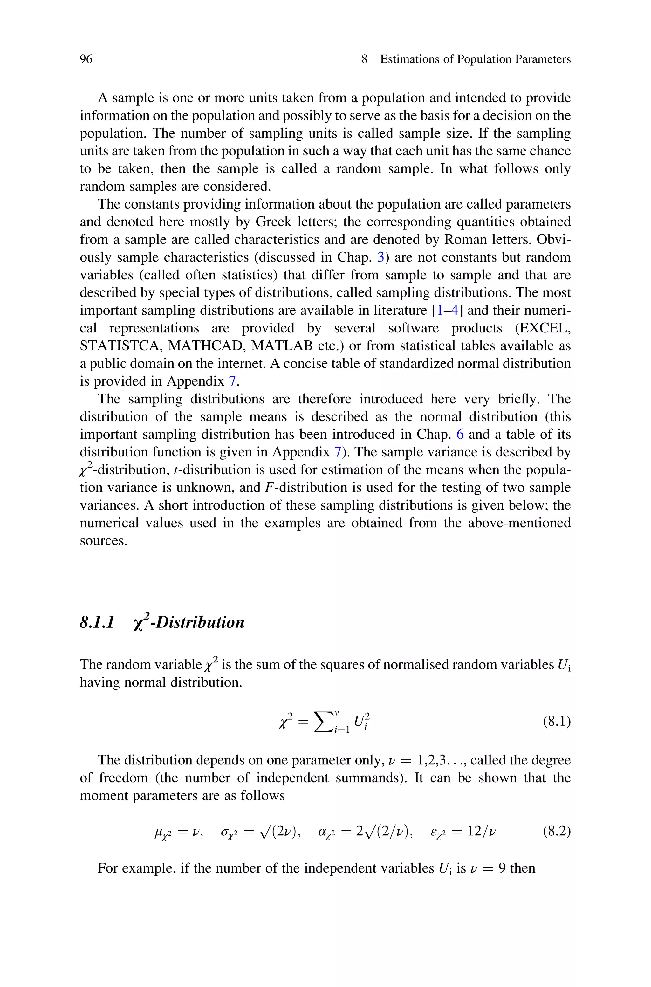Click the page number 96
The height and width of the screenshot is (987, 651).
86,59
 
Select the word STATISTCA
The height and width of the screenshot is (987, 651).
120,346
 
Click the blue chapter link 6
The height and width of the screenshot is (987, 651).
460,434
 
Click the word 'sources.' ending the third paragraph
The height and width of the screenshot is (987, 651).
103,541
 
